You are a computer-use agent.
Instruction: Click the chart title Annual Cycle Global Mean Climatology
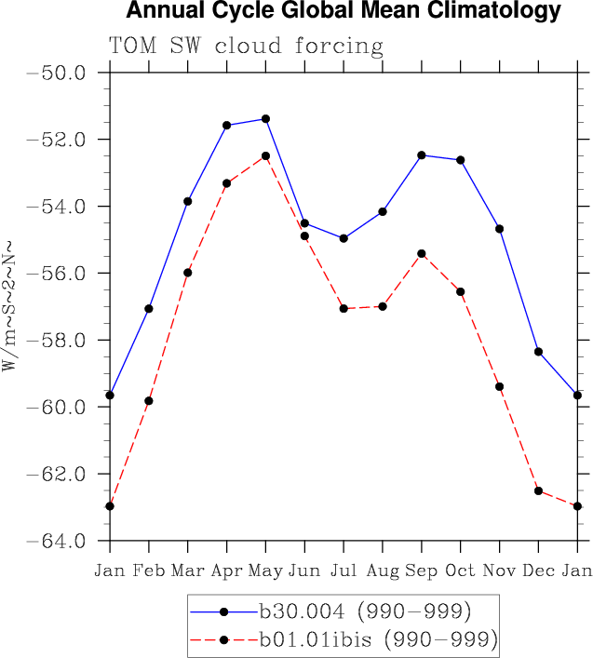pos(344,11)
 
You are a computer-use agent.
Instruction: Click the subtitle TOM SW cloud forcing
pos(246,46)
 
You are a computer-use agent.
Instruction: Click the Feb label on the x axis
pos(149,570)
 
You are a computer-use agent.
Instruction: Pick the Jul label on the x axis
pos(344,570)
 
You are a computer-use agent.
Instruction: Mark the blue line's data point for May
pos(265,118)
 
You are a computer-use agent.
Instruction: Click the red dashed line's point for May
pos(265,156)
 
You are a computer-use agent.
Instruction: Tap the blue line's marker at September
pos(422,154)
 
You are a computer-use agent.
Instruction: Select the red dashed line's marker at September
pos(422,253)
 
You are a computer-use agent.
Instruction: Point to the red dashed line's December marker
pos(538,490)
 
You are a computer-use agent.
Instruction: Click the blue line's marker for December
pos(538,352)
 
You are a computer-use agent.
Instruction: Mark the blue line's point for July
pos(344,238)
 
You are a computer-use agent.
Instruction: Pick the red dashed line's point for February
pos(149,401)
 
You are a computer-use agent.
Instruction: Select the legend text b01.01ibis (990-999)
pos(378,639)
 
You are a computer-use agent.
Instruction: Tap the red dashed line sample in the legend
pos(223,639)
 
